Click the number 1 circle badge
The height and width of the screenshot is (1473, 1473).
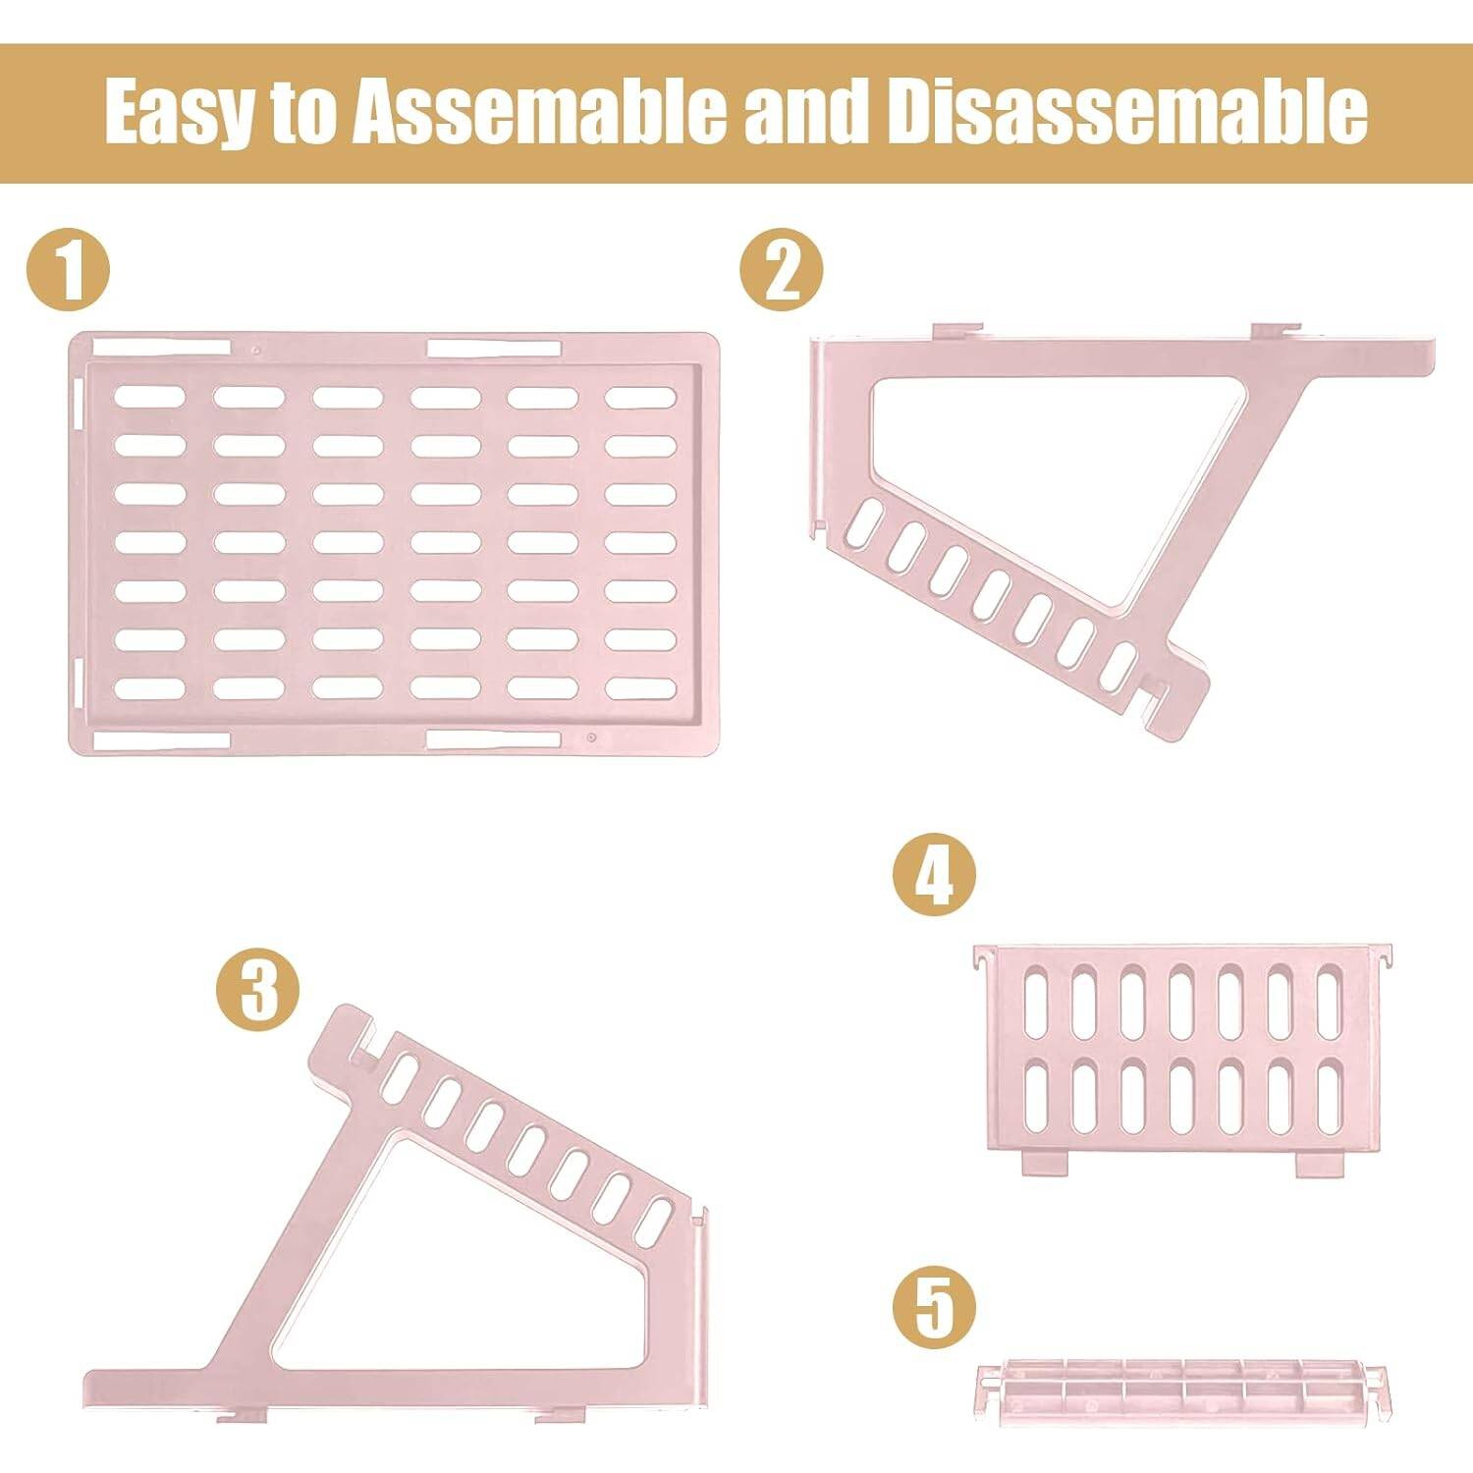click(68, 270)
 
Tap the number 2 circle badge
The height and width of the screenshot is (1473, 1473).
click(782, 270)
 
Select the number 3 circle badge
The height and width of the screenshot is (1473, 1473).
click(257, 989)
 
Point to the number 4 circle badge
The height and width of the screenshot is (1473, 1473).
click(934, 874)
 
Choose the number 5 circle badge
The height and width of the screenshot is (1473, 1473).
click(934, 1306)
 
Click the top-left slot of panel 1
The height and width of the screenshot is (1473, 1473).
click(149, 397)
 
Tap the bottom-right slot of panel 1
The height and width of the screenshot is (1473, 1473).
click(640, 687)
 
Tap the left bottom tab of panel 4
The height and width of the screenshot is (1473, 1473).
click(1044, 1164)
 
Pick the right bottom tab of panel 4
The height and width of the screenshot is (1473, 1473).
click(1319, 1164)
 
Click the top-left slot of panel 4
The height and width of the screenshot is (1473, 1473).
click(1036, 1002)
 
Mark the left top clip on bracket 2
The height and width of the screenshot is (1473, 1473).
click(956, 332)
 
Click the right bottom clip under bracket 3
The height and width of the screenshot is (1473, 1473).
click(561, 1415)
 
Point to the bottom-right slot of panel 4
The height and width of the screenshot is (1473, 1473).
click(1330, 1098)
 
